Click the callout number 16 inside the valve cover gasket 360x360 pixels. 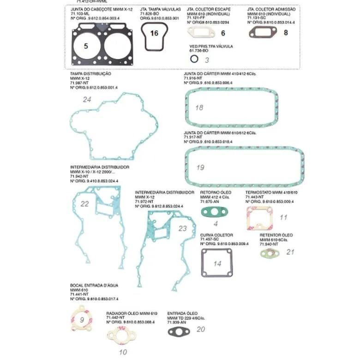154,33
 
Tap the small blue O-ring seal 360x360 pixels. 194,59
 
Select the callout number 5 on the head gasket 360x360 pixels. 85,46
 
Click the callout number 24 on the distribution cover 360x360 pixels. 87,99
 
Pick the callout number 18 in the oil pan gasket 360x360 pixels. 199,108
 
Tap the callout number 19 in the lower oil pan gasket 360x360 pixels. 200,168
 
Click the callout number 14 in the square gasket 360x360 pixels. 217,264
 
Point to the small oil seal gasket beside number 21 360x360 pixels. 268,253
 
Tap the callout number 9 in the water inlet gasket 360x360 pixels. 82,319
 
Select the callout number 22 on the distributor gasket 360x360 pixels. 84,204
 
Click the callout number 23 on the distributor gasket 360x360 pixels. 183,228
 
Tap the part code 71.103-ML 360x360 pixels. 79,14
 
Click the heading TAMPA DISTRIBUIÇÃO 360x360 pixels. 90,73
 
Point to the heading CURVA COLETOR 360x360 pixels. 216,235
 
